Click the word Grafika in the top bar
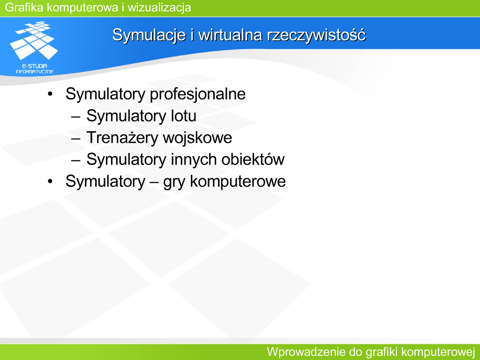24,7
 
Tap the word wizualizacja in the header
159,7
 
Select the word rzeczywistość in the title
316,35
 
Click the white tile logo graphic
34,40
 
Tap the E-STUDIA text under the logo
35,66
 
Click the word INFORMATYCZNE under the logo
35,72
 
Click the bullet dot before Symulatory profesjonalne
50,94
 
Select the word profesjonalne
198,94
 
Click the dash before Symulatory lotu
75,116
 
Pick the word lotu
183,116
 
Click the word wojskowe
197,137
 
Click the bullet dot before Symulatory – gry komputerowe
50,181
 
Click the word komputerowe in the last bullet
238,181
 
